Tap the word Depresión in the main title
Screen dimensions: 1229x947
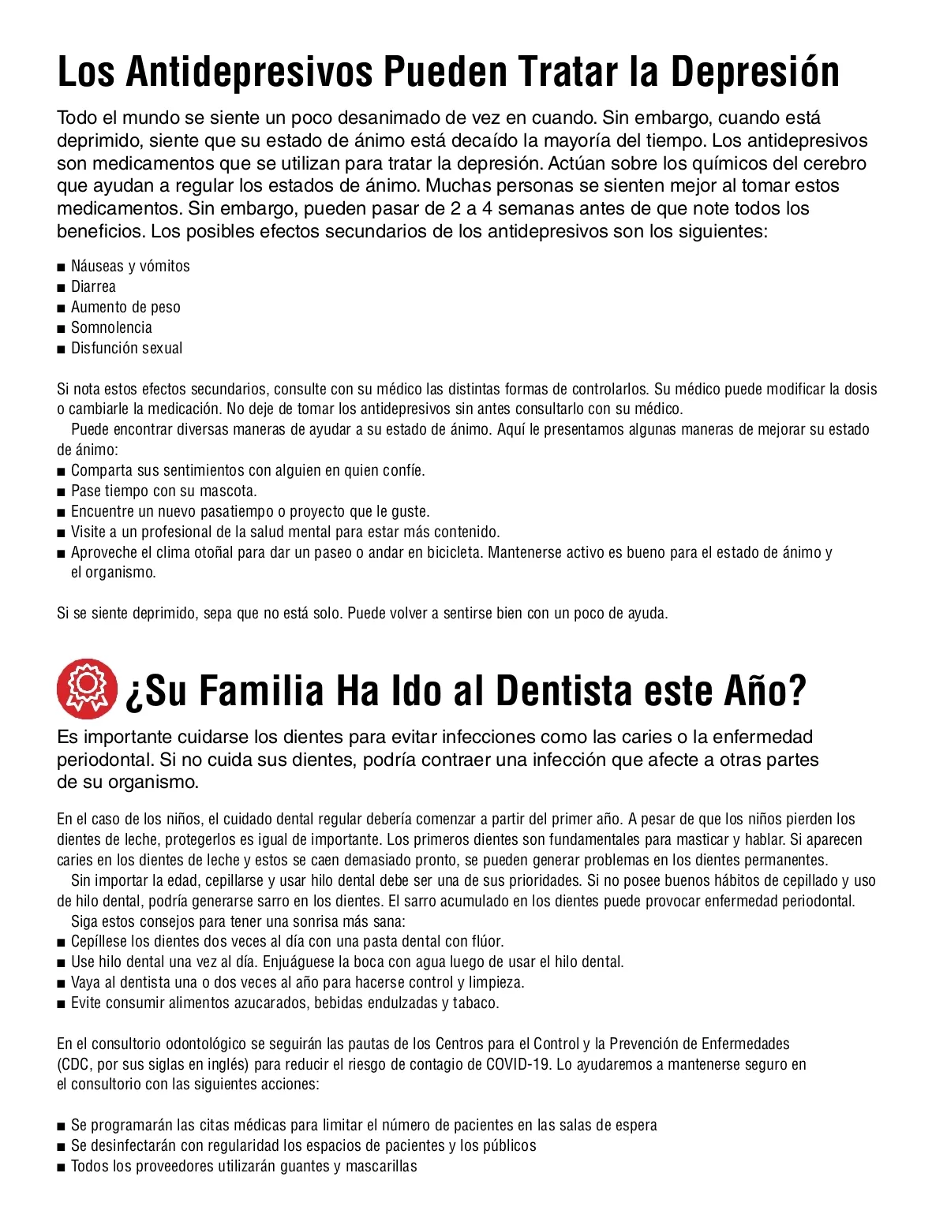[755, 72]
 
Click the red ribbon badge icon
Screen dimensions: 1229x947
[87, 689]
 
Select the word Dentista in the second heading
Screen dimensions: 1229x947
[564, 690]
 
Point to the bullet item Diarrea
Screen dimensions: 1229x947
[93, 286]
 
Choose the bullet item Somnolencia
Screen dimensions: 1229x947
[111, 327]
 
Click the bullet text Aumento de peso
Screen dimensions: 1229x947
[125, 307]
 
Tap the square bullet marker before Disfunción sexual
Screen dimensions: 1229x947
[61, 349]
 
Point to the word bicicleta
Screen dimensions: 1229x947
[449, 552]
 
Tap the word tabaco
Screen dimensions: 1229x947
[475, 1003]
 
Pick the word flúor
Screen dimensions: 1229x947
[487, 941]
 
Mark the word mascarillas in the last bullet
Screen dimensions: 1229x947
[381, 1166]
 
